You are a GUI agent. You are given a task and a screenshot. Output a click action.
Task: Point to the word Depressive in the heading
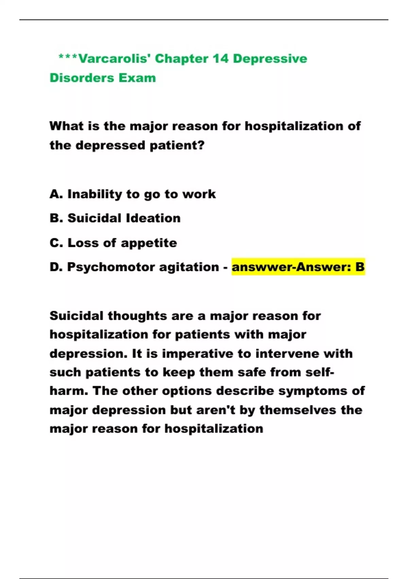click(x=270, y=59)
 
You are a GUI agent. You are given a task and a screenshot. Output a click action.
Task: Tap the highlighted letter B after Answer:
click(x=360, y=267)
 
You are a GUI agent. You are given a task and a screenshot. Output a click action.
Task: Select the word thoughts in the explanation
click(x=137, y=316)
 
